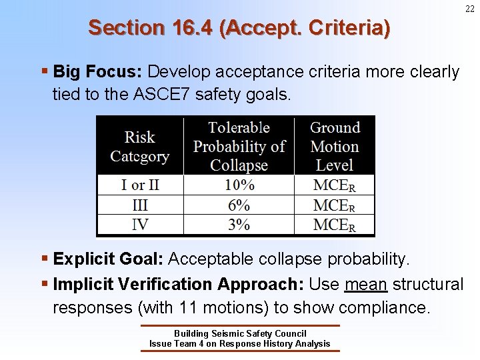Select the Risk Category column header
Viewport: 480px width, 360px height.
(140, 147)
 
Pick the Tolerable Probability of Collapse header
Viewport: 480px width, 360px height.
(239, 147)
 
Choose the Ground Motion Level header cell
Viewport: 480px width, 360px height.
(335, 147)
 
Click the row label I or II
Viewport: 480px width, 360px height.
(140, 185)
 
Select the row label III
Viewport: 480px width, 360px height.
(140, 205)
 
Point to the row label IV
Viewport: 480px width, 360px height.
(140, 224)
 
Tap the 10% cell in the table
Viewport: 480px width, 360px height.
(239, 185)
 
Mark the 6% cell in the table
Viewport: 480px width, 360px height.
(239, 205)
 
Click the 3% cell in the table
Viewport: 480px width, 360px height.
(239, 224)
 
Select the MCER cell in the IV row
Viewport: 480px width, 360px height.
(335, 224)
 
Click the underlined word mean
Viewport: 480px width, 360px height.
(366, 285)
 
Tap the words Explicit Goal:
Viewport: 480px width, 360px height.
(108, 259)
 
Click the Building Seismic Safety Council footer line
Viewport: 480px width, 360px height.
(239, 333)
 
